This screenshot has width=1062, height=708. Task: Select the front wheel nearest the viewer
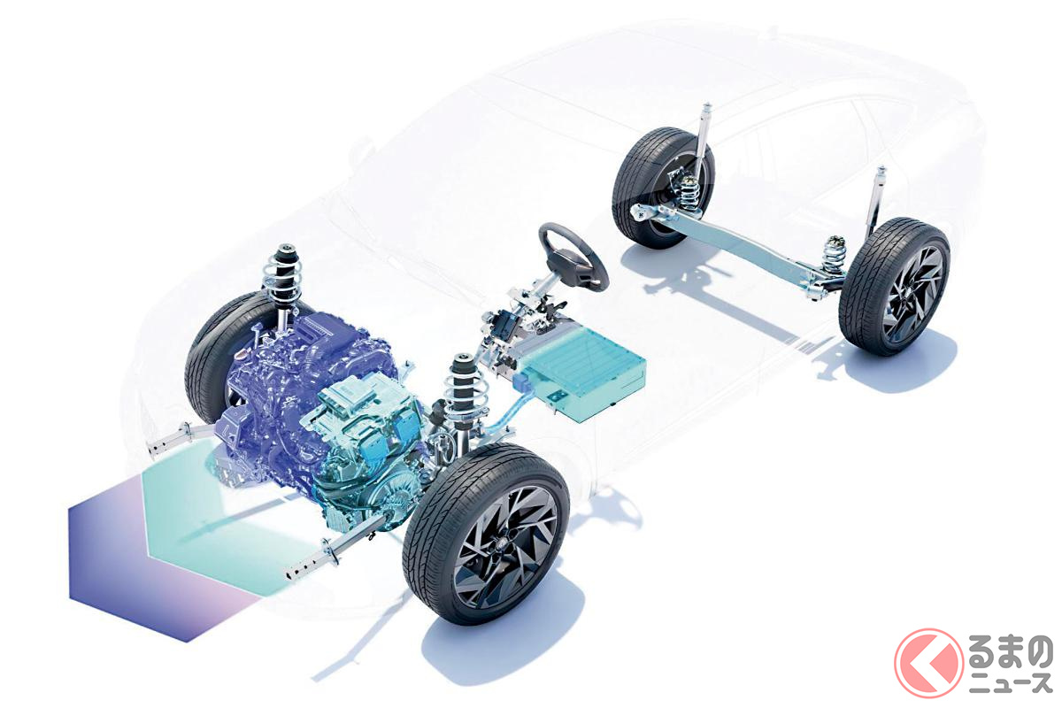pyautogui.click(x=486, y=533)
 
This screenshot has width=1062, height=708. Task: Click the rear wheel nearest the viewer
pyautogui.click(x=895, y=287)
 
